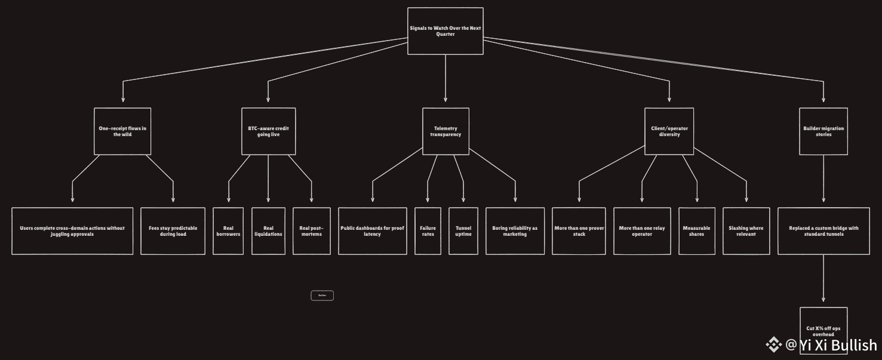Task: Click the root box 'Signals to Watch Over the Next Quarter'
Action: click(x=445, y=31)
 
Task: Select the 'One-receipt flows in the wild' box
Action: click(x=122, y=131)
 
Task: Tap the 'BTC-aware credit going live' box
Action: click(x=268, y=131)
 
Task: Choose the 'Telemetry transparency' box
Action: click(x=445, y=131)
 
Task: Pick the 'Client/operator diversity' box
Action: click(x=669, y=131)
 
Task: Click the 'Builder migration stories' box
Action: click(x=823, y=131)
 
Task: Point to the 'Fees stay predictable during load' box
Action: click(x=173, y=231)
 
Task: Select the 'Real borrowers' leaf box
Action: click(x=228, y=231)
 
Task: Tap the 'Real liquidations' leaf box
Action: click(x=268, y=231)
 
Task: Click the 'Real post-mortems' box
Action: click(x=311, y=231)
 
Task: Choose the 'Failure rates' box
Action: click(x=428, y=231)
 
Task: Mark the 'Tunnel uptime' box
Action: click(x=463, y=231)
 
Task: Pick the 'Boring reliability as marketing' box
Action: click(x=515, y=231)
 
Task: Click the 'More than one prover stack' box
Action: click(x=579, y=231)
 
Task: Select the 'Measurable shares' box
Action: click(x=696, y=231)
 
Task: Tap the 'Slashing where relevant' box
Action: click(x=746, y=231)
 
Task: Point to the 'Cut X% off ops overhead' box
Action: click(x=823, y=330)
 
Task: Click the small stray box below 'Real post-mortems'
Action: click(x=322, y=296)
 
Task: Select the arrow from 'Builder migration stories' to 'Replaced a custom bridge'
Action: click(x=823, y=179)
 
